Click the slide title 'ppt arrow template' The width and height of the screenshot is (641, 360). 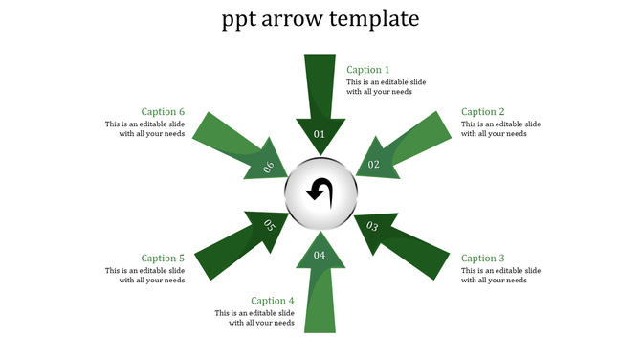pos(320,19)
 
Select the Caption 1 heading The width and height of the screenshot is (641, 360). pos(368,70)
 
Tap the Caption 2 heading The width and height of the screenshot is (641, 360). pos(483,112)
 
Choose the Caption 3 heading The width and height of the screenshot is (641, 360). pos(483,259)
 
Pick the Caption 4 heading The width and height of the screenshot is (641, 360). pos(273,302)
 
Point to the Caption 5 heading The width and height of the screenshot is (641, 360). pos(163,259)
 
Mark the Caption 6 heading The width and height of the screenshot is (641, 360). pos(163,112)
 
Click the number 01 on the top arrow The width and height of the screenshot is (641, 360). pos(320,134)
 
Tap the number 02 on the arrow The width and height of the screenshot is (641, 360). pos(374,165)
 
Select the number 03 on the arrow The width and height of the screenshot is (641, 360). pos(372,227)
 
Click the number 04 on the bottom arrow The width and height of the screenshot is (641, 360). pos(320,255)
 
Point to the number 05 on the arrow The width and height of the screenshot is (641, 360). pos(269,226)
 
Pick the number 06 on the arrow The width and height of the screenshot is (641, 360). pos(269,167)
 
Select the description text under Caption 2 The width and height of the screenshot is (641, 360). pos(500,129)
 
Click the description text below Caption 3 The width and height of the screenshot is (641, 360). pos(500,275)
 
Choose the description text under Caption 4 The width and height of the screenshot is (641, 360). pos(254,318)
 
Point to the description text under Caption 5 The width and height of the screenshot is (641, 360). pos(145,275)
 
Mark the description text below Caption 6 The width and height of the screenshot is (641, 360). pos(145,129)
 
